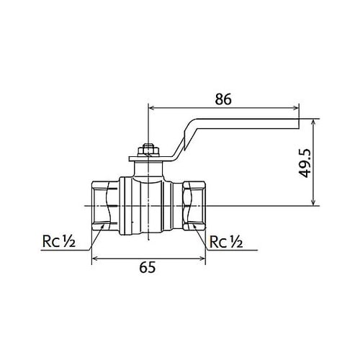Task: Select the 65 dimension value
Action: click(x=147, y=268)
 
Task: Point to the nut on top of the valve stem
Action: click(x=147, y=150)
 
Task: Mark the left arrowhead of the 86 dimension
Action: click(x=151, y=108)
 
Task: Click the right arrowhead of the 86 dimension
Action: click(x=295, y=108)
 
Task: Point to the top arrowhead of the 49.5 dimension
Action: click(x=314, y=122)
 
